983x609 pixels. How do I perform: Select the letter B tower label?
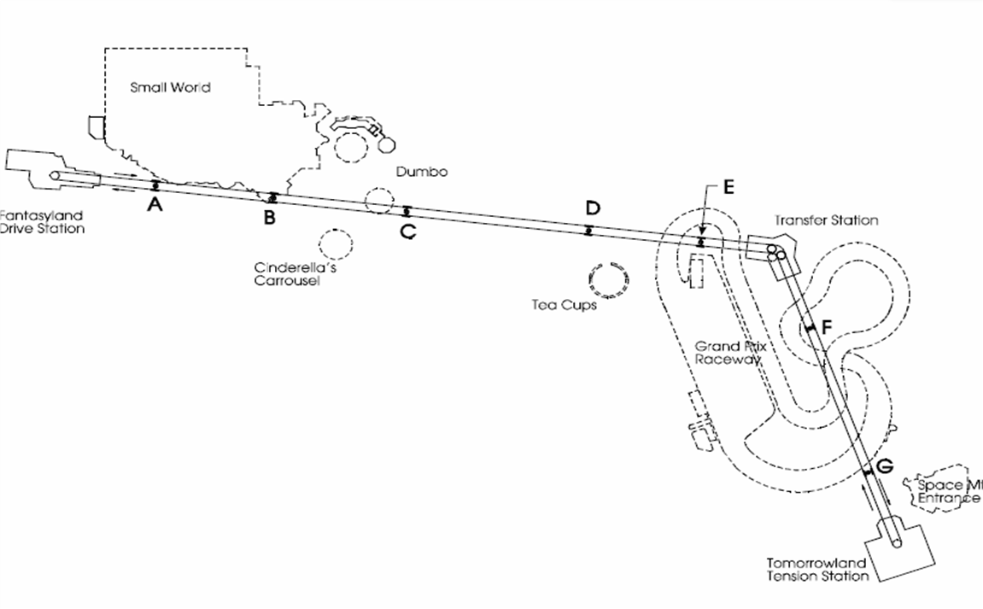(269, 218)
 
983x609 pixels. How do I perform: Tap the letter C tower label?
(408, 231)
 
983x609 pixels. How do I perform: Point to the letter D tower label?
(593, 208)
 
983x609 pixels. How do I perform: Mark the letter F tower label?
(826, 326)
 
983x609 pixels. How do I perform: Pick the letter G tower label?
(885, 466)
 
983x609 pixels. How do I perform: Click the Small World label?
(170, 87)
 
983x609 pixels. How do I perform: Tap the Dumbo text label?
(422, 172)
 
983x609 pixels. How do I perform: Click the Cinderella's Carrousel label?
(286, 272)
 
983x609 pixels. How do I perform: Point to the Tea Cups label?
(564, 305)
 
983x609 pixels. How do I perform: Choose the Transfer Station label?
(826, 220)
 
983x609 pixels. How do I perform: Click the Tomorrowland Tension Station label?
(816, 570)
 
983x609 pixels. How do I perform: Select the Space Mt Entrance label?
(948, 491)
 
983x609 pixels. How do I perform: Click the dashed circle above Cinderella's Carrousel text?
(336, 244)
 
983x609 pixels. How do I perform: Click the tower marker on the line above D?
(588, 229)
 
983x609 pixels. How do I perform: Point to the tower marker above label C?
(407, 211)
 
